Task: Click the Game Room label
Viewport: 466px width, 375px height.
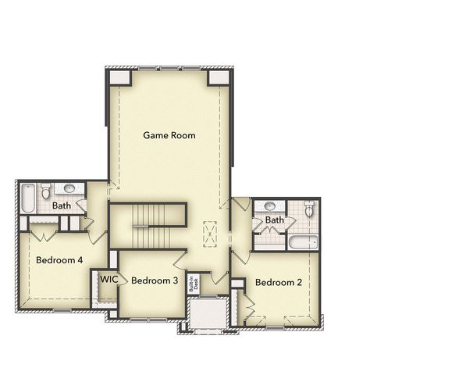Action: (x=169, y=135)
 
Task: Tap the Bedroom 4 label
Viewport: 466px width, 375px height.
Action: (x=59, y=260)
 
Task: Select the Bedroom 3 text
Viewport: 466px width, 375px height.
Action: (x=155, y=280)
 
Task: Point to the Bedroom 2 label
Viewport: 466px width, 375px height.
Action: (x=279, y=282)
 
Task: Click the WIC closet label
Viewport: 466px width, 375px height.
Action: (x=108, y=279)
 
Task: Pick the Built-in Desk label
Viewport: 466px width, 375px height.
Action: (x=194, y=284)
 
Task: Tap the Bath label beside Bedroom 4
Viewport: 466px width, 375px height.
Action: (x=62, y=205)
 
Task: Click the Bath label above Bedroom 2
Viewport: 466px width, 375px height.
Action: (x=274, y=220)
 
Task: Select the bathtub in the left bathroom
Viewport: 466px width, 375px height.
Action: (x=28, y=198)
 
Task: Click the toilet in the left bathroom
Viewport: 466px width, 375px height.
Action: (x=45, y=191)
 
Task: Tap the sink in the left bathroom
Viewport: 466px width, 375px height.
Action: (x=69, y=188)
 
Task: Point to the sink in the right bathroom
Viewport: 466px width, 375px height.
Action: (x=270, y=205)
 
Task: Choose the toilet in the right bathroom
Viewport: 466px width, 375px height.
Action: (x=309, y=209)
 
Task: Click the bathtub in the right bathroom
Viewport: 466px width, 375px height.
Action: (x=303, y=242)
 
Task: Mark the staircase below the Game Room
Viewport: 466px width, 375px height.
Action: (x=151, y=226)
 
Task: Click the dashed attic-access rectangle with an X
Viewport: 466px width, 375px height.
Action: (x=210, y=234)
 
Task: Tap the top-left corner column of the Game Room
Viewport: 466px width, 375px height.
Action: (x=120, y=77)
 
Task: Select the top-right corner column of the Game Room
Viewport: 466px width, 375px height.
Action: (x=219, y=77)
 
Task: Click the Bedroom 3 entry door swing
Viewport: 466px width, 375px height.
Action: (x=180, y=259)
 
